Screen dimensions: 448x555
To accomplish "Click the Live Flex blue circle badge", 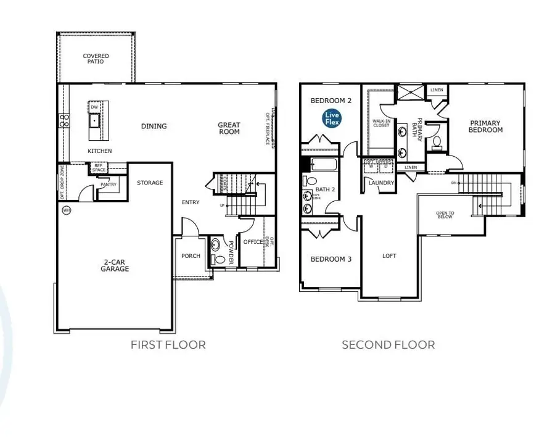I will pyautogui.click(x=332, y=118).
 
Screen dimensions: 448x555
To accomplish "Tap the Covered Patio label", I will pyautogui.click(x=96, y=59).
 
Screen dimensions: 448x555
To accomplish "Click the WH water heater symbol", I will pyautogui.click(x=66, y=210).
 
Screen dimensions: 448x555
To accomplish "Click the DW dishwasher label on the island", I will pyautogui.click(x=94, y=107).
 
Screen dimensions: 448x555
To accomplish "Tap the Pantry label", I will pyautogui.click(x=109, y=185).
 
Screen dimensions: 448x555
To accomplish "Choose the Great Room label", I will pyautogui.click(x=229, y=128).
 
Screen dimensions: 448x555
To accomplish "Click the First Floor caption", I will pyautogui.click(x=168, y=344).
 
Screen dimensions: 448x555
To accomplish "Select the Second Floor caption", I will pyautogui.click(x=388, y=344).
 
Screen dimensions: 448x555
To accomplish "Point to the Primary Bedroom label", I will pyautogui.click(x=485, y=127).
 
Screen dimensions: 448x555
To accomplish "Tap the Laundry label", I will pyautogui.click(x=381, y=183).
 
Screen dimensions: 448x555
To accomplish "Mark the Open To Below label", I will pyautogui.click(x=445, y=215).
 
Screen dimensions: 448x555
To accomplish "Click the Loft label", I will pyautogui.click(x=388, y=255).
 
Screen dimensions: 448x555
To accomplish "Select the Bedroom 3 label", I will pyautogui.click(x=331, y=259).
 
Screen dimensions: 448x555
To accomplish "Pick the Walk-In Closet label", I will pyautogui.click(x=381, y=123).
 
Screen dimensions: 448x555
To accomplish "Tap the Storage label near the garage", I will pyautogui.click(x=150, y=183).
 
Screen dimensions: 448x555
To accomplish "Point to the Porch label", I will pyautogui.click(x=191, y=255).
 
